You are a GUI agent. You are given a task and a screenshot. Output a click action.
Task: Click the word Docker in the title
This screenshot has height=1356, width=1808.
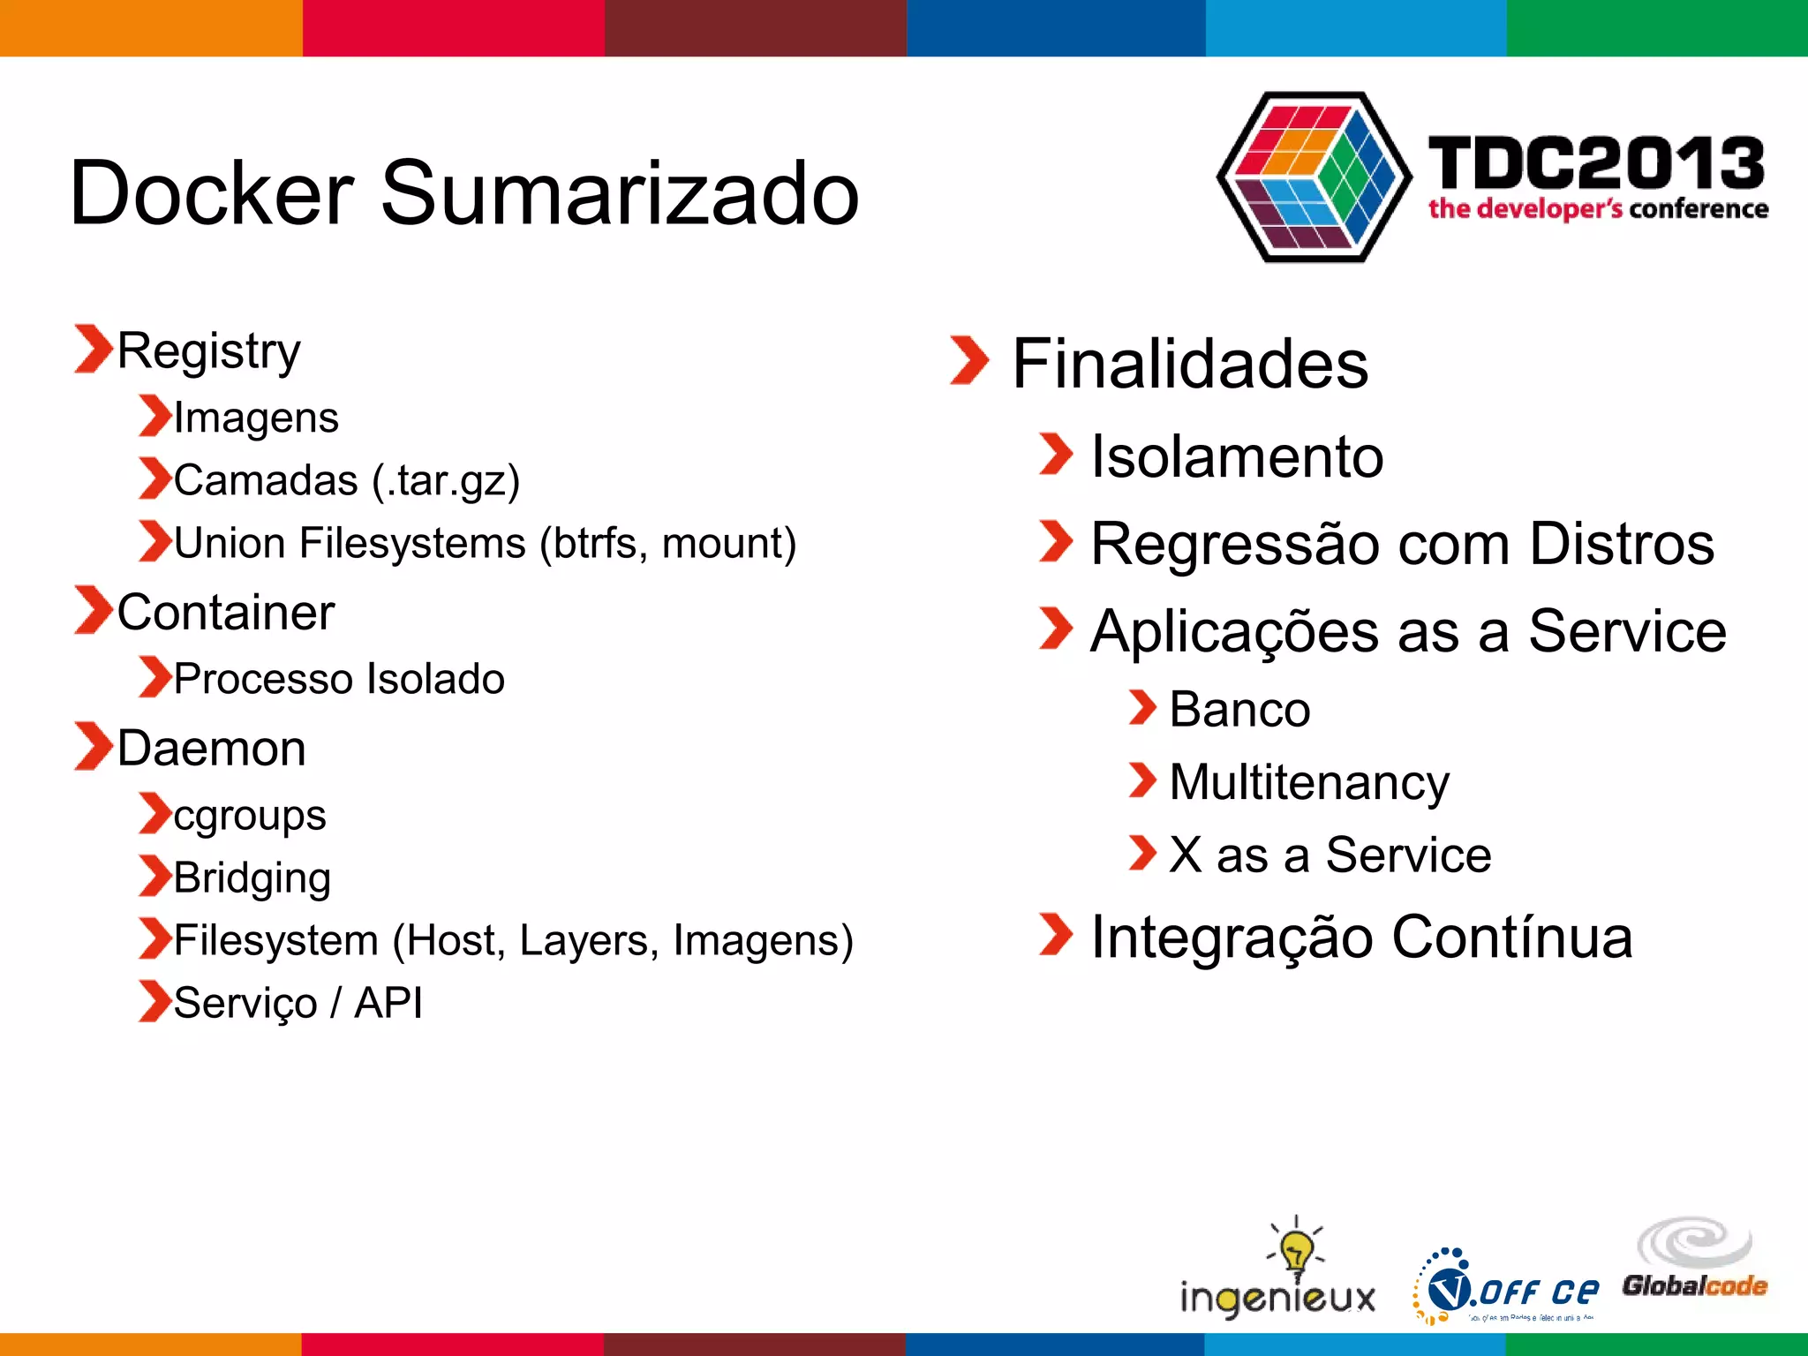(212, 192)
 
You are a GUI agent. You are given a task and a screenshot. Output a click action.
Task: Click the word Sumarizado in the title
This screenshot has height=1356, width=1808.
(620, 192)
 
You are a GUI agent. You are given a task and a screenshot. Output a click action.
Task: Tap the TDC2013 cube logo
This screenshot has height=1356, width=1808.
(1314, 177)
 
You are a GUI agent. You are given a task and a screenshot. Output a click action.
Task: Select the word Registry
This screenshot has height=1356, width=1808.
(208, 351)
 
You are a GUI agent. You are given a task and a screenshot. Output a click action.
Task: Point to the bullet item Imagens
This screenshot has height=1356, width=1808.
(256, 417)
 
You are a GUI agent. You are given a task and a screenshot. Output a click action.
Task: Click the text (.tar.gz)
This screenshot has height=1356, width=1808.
(446, 481)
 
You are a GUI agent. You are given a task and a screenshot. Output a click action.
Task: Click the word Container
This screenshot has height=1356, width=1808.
(226, 612)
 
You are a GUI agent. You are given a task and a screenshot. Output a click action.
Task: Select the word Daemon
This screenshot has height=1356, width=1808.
(212, 749)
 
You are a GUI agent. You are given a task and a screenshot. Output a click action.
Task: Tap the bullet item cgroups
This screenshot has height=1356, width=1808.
(250, 815)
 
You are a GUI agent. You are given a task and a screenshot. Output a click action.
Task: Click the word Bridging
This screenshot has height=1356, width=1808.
(252, 878)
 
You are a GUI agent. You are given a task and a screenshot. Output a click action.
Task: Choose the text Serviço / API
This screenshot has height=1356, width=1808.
(298, 1003)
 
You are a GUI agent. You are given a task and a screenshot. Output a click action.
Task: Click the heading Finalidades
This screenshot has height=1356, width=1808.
(1190, 364)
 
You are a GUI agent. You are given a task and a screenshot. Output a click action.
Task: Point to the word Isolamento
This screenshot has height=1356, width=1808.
(1237, 457)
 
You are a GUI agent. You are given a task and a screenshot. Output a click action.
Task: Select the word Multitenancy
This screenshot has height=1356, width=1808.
(1309, 782)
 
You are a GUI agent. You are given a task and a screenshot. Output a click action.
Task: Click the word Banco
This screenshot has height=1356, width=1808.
(1239, 710)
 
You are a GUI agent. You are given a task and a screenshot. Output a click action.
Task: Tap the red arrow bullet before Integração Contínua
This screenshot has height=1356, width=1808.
(1055, 935)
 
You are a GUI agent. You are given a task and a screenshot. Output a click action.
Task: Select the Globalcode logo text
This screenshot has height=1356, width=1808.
(1694, 1286)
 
